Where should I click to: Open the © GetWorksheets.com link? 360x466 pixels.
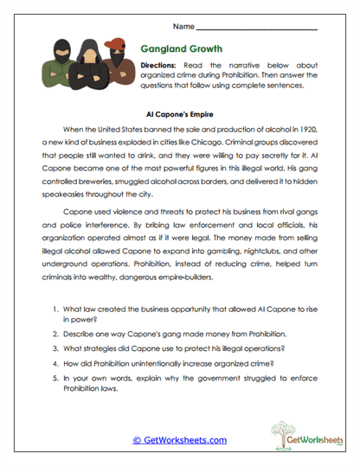tap(179, 440)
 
